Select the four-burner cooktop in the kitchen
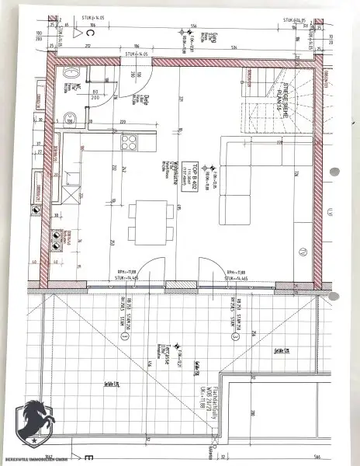(x=128, y=143)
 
